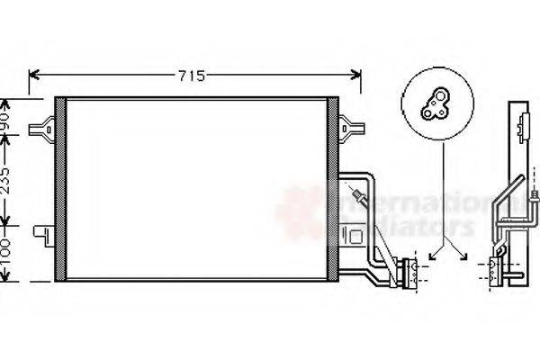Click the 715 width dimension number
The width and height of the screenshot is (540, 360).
pyautogui.click(x=191, y=76)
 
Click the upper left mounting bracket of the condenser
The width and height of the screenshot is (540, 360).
pyautogui.click(x=41, y=129)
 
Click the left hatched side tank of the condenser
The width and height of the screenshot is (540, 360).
pyautogui.click(x=60, y=188)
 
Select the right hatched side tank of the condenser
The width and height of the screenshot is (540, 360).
pyautogui.click(x=333, y=188)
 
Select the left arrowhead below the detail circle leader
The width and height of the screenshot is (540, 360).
pyautogui.click(x=432, y=256)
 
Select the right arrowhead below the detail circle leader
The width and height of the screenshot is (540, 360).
pyautogui.click(x=463, y=256)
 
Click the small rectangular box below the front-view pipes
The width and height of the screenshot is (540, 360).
pyautogui.click(x=357, y=238)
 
